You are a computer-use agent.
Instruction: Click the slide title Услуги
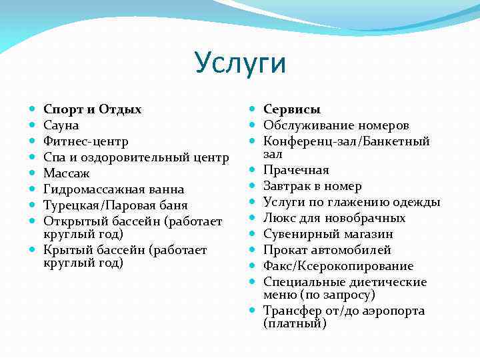pos(241,63)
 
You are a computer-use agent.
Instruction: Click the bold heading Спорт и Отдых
pos(92,109)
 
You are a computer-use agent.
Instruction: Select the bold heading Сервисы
pos(292,109)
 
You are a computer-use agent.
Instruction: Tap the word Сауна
pos(61,125)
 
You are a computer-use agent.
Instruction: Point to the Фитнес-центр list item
pos(86,141)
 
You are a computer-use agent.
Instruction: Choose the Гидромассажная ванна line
pos(113,189)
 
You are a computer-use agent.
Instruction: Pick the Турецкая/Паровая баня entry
pos(115,205)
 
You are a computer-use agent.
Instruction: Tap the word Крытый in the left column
pos(65,251)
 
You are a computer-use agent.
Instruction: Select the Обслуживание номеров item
pos(336,125)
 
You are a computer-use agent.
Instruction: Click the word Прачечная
pos(296,170)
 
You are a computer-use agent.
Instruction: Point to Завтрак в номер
pos(313,186)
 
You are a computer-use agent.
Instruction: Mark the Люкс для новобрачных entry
pos(334,218)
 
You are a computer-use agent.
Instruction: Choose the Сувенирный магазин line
pos(328,234)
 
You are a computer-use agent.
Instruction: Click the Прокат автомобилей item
pos(327,250)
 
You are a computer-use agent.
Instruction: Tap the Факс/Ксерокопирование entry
pos(338,266)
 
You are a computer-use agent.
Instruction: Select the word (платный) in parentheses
pos(295,324)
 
